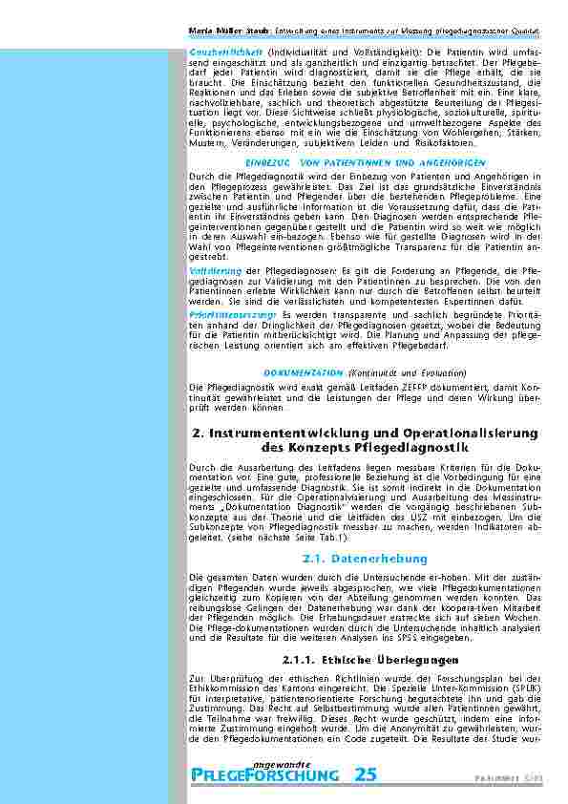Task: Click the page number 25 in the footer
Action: (366, 774)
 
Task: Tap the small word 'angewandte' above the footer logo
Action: (278, 760)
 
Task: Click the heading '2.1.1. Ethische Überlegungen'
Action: (358, 659)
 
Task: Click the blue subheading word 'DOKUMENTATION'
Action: (303, 370)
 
